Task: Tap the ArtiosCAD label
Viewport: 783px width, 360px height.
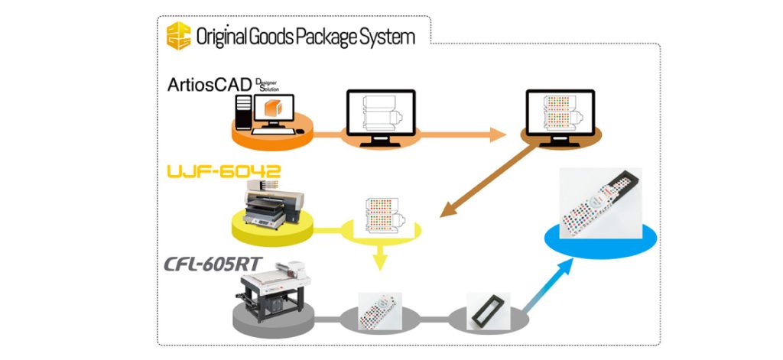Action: click(x=209, y=83)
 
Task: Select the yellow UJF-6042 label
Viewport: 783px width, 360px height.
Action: click(x=222, y=170)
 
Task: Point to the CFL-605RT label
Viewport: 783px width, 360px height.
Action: click(x=211, y=264)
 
